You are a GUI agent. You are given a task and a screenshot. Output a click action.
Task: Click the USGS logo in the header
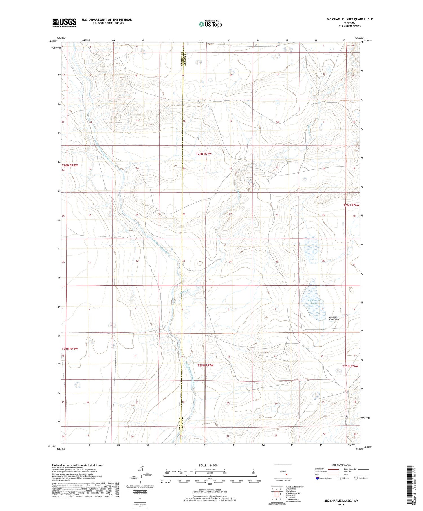(64, 23)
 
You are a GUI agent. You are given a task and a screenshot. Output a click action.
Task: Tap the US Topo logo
(210, 24)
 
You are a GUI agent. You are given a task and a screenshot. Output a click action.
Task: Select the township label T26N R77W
(204, 154)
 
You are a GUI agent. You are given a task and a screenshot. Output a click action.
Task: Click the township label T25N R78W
(69, 349)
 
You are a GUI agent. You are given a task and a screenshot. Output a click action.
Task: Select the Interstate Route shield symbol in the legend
(317, 478)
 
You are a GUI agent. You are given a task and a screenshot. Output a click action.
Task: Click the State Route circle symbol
(356, 478)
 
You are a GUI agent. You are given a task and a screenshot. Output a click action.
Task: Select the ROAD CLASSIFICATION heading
(341, 465)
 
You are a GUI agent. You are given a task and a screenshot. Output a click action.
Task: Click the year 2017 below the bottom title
(341, 505)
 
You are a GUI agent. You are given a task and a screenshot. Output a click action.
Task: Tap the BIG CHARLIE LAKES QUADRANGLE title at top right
(349, 19)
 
